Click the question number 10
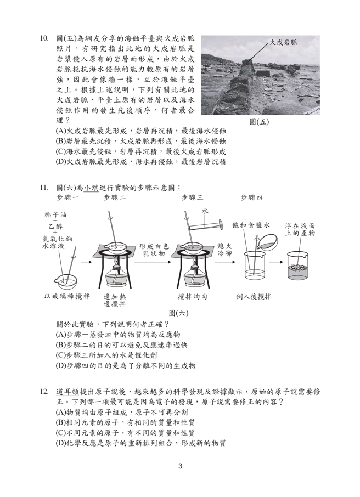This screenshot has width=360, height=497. pos(44,39)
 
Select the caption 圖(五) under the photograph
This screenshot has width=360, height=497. pos(259,122)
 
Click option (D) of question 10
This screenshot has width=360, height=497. pos(141,162)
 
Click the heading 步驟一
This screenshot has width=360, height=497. pos(67,197)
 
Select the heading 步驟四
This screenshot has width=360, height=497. pos(252,197)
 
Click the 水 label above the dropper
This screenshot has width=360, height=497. pos(205,211)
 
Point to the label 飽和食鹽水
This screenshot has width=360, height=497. pos(251,225)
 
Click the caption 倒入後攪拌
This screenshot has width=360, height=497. pos(254,296)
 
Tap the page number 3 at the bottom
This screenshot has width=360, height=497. pos(179,466)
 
